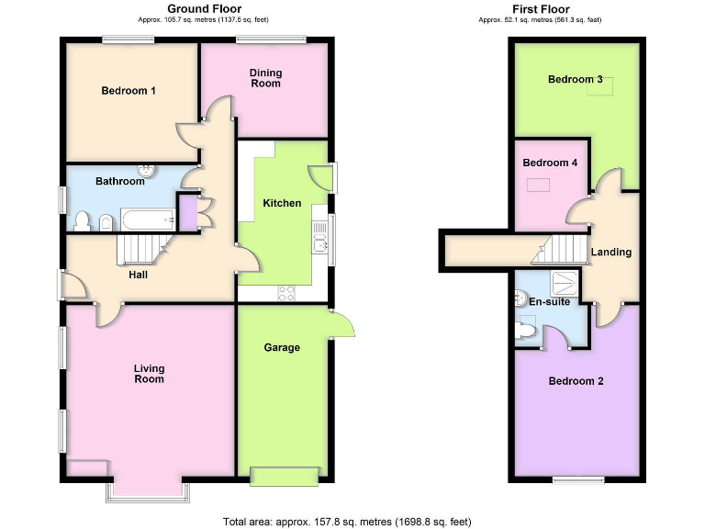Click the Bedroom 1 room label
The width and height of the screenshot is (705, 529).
pyautogui.click(x=128, y=91)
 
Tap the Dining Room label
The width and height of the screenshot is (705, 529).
pyautogui.click(x=265, y=78)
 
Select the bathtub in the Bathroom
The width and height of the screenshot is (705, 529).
pyautogui.click(x=148, y=219)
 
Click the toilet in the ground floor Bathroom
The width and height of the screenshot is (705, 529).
pyautogui.click(x=83, y=219)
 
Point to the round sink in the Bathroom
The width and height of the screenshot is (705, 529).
pyautogui.click(x=146, y=170)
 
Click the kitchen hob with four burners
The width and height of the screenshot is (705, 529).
pyautogui.click(x=286, y=294)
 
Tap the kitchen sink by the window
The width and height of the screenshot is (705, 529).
pyautogui.click(x=319, y=242)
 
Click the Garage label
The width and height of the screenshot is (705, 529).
pyautogui.click(x=282, y=347)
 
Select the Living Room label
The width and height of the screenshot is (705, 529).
pyautogui.click(x=149, y=373)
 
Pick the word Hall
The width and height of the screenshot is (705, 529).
pyautogui.click(x=138, y=274)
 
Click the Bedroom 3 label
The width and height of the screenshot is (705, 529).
pyautogui.click(x=575, y=79)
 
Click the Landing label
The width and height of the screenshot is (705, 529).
pyautogui.click(x=610, y=252)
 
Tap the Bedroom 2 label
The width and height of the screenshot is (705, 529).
pyautogui.click(x=576, y=380)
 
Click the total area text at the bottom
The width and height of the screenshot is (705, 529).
pyautogui.click(x=347, y=521)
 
